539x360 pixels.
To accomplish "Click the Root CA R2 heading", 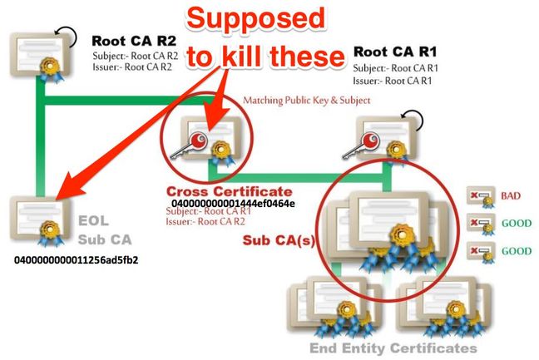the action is [x=134, y=42].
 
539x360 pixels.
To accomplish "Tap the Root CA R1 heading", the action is [x=395, y=52].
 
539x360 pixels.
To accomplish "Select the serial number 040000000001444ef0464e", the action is [x=233, y=204].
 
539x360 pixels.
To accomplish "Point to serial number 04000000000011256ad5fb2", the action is [x=77, y=259].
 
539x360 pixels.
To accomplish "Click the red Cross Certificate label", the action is [x=230, y=191].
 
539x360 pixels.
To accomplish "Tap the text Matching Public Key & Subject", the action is [x=307, y=101].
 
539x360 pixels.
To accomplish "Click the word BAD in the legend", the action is [x=511, y=196].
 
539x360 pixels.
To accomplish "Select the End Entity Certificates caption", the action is [x=393, y=348].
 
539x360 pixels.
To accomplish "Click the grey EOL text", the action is [x=93, y=220].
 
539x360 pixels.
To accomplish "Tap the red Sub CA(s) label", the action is [x=279, y=240].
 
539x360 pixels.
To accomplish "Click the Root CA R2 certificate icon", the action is [x=41, y=57].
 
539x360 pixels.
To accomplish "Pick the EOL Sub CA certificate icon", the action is [x=41, y=220].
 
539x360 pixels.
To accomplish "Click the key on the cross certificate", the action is [x=189, y=145].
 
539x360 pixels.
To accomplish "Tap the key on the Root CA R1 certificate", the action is [x=361, y=145].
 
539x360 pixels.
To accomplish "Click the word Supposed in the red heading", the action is [x=256, y=17].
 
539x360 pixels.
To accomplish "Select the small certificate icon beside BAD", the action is [x=481, y=197].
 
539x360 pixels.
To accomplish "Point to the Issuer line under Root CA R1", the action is [x=393, y=81].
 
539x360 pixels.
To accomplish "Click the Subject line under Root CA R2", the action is [x=135, y=56].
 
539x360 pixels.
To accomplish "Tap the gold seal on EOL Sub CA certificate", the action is [x=50, y=229].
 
